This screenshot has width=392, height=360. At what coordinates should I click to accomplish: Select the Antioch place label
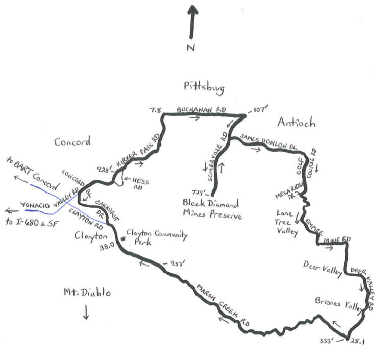[x=297, y=123]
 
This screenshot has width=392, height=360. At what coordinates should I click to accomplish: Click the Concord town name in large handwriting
[x=72, y=142]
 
